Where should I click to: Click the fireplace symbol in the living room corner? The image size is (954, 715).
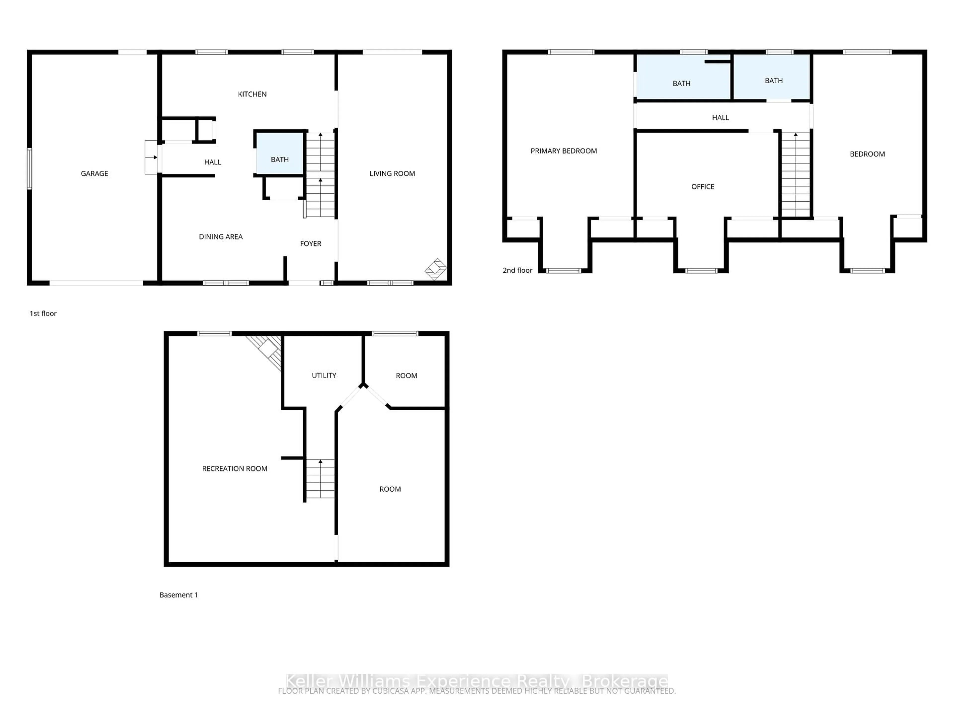[x=436, y=269]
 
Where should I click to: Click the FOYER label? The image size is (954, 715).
[x=311, y=244]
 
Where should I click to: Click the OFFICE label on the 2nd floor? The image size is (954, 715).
[x=703, y=187]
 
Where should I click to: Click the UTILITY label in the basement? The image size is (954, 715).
[x=324, y=375]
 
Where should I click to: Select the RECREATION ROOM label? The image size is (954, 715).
[x=235, y=468]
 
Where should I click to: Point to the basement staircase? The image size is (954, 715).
[x=320, y=478]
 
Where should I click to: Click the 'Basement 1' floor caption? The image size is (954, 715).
[x=179, y=595]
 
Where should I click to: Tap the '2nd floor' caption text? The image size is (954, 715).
[x=517, y=270]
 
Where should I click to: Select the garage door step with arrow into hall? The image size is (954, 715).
[x=151, y=157]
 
